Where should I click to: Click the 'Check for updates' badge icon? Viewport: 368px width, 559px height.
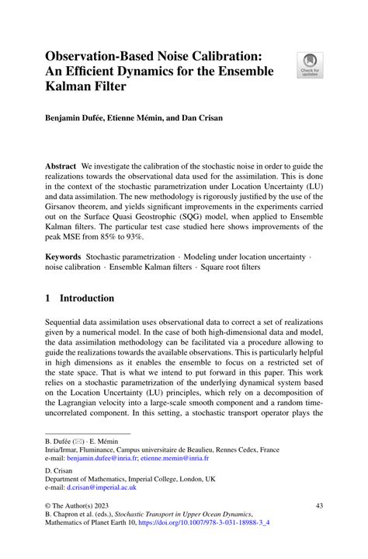[x=311, y=64]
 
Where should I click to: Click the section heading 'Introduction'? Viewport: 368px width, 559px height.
[x=86, y=298]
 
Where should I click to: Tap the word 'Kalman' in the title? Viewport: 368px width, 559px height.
[x=71, y=89]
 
